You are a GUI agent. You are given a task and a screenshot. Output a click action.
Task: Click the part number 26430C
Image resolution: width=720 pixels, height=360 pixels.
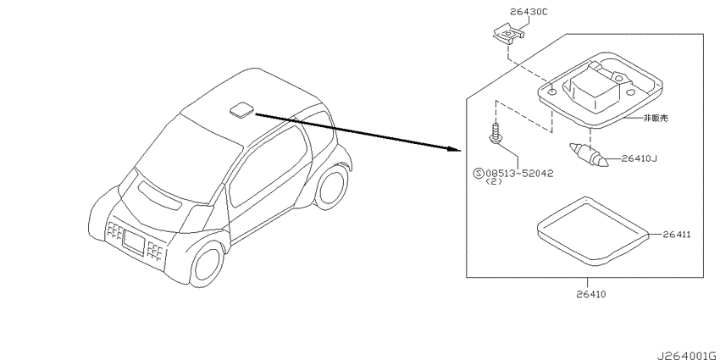click(528, 13)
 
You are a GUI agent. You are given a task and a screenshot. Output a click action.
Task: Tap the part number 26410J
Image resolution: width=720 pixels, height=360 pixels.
click(640, 159)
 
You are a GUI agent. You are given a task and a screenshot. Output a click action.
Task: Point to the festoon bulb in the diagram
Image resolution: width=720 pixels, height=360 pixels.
click(589, 155)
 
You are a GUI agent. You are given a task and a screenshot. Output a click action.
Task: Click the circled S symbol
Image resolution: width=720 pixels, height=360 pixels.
click(479, 173)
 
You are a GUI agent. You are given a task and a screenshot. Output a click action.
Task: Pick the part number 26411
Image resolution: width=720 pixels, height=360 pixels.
click(677, 235)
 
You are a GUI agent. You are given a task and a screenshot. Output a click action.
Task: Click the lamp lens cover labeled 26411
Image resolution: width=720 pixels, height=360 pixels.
click(593, 232)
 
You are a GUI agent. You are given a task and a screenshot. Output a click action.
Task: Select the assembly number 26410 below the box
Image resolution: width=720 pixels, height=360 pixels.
click(591, 294)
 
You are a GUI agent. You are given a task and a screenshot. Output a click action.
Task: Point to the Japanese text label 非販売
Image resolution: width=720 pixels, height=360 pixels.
click(656, 118)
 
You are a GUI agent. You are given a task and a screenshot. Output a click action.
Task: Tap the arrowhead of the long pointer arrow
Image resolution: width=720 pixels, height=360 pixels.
click(454, 149)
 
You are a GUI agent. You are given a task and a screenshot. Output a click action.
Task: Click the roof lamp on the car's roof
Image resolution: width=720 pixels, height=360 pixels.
click(241, 110)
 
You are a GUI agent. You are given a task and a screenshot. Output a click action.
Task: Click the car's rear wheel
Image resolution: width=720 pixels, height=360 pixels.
click(331, 187)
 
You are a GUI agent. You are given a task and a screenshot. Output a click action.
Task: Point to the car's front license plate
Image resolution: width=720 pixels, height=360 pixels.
click(134, 241)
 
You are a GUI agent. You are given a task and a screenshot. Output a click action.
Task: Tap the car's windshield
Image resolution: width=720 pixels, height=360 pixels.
click(189, 157)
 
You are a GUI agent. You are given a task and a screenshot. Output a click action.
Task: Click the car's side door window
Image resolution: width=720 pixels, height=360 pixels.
click(267, 166)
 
